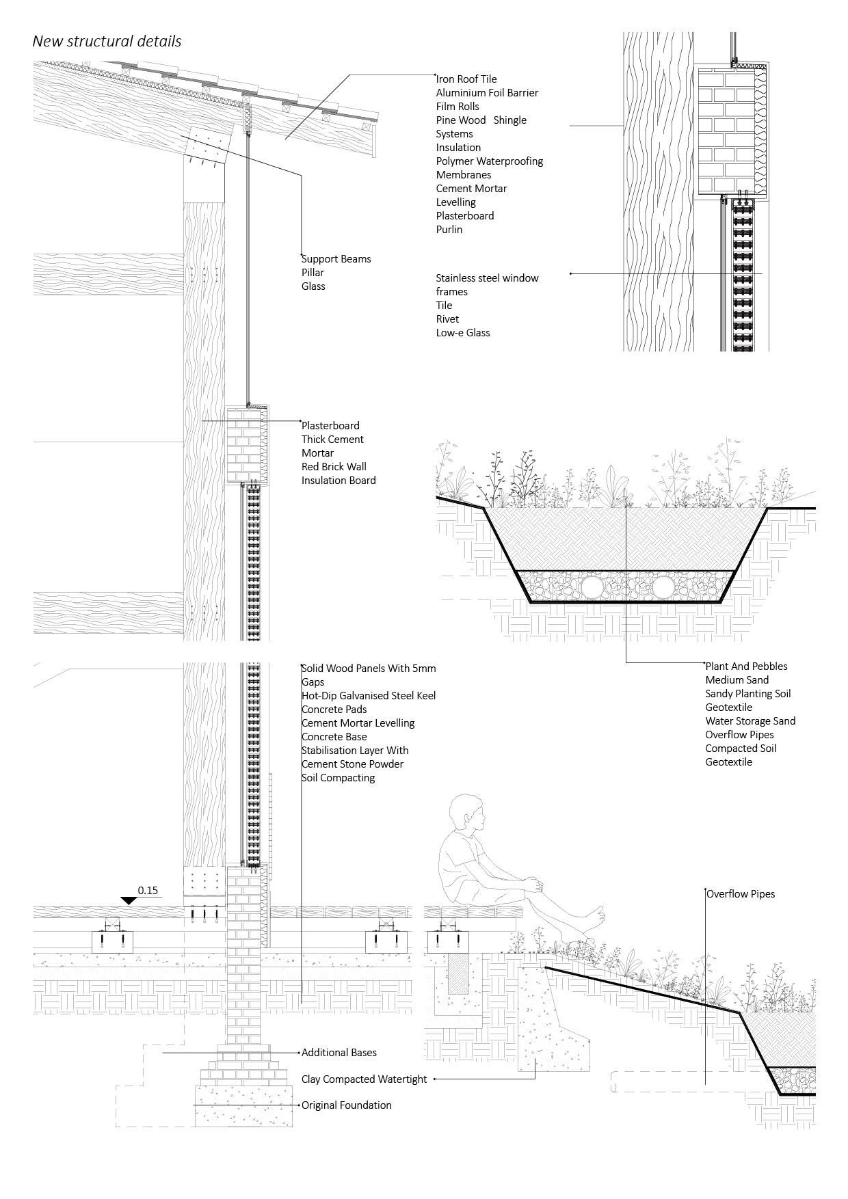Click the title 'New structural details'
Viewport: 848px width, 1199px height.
coord(107,41)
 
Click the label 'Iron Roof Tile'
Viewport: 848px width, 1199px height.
coord(466,79)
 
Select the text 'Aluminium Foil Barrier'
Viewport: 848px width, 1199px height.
coord(487,93)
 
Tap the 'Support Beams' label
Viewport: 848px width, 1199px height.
coord(336,259)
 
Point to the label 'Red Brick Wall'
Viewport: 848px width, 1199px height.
coord(334,467)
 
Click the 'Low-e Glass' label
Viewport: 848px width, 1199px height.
coord(463,333)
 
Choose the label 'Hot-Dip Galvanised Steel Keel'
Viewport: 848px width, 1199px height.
coord(369,696)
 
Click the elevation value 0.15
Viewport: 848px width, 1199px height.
coord(148,891)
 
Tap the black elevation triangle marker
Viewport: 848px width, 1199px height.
coord(129,900)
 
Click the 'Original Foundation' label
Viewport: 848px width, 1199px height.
coord(347,1105)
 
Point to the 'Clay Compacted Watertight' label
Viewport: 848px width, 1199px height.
coord(364,1079)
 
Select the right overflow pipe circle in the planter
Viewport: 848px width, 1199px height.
coord(663,587)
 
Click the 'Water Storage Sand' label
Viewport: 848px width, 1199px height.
coord(750,721)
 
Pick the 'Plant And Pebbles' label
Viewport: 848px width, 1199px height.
coord(746,666)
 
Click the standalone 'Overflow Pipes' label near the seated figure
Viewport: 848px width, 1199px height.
coord(741,894)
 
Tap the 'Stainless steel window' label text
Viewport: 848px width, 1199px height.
coord(487,278)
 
